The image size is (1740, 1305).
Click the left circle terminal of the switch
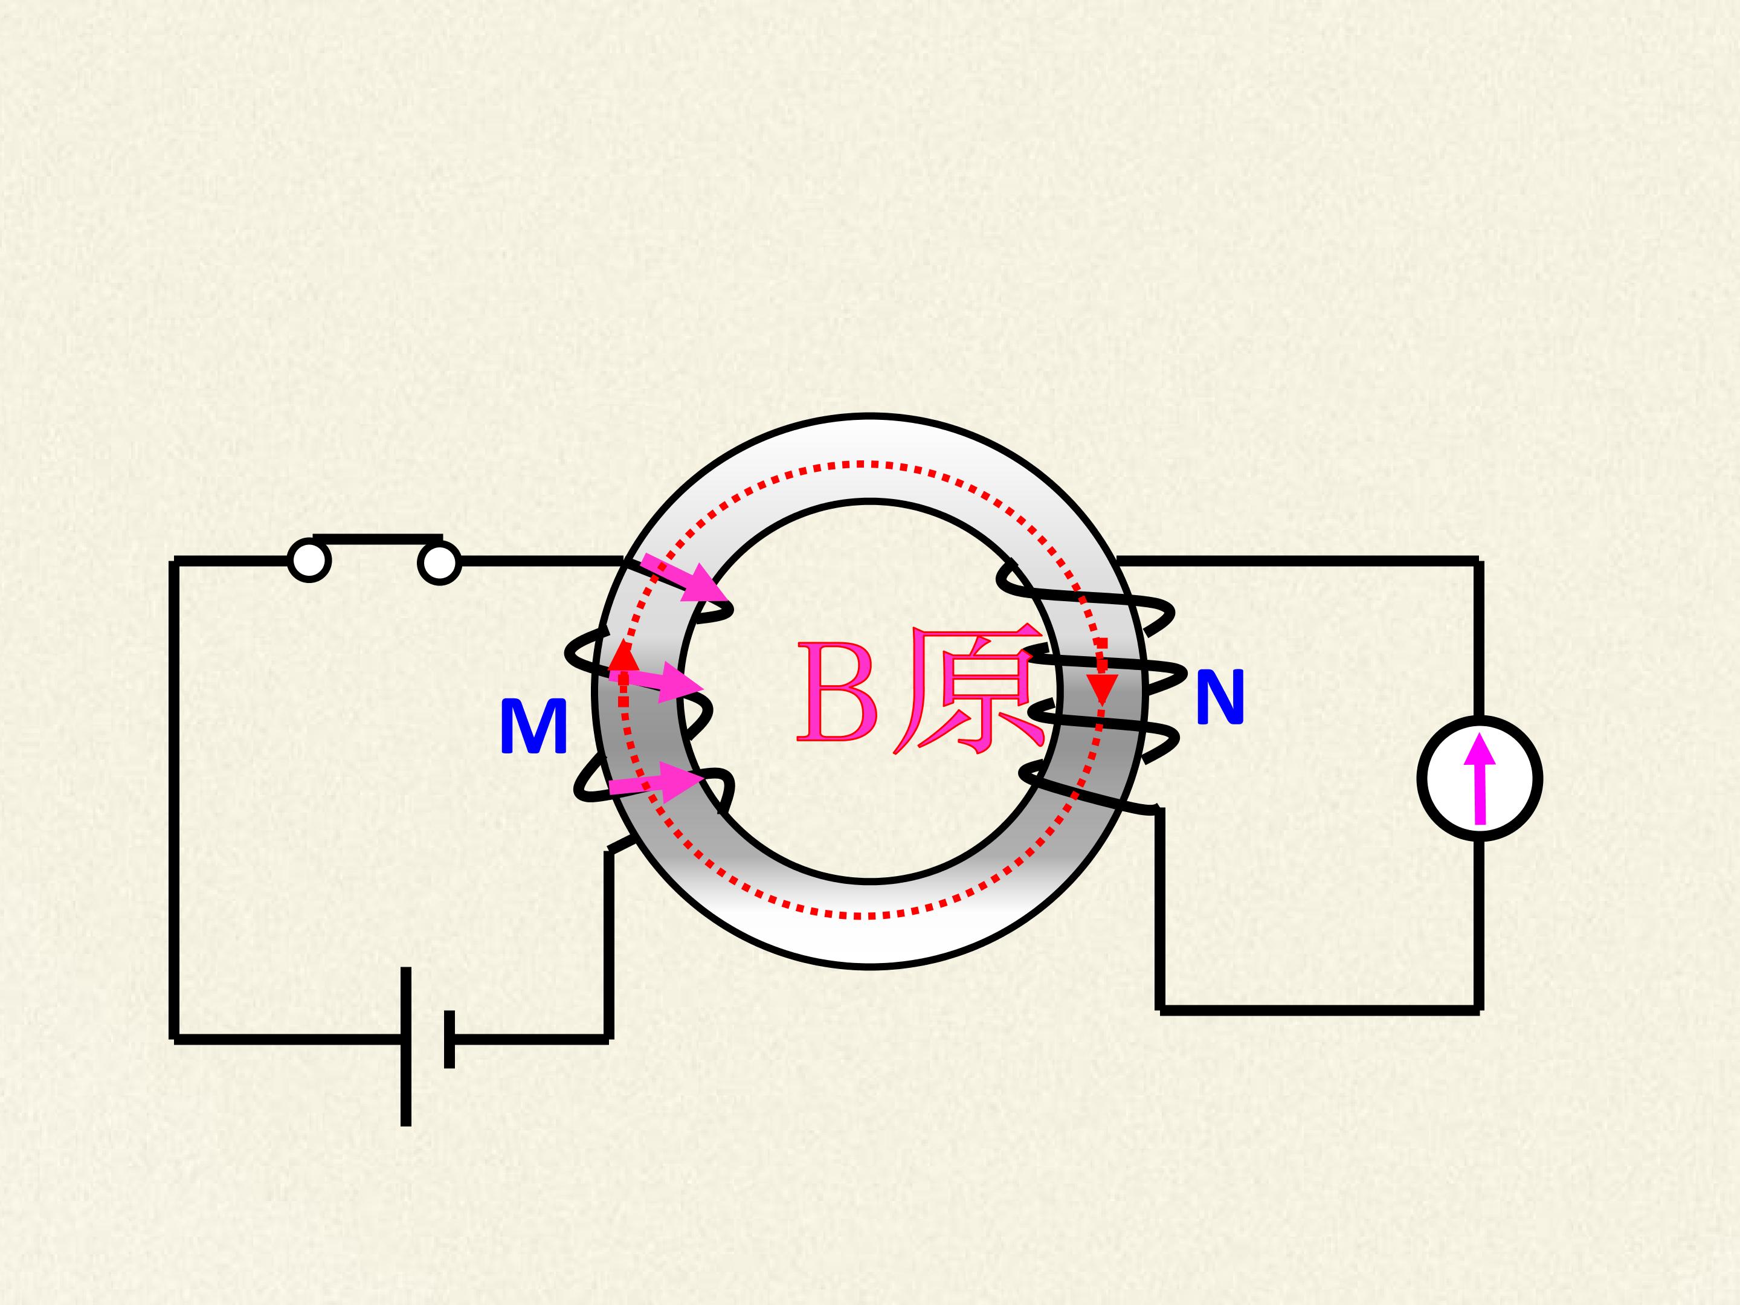(309, 561)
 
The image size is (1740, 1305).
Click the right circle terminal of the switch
(440, 562)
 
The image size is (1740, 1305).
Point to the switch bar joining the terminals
(378, 539)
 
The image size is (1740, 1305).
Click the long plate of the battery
(406, 1046)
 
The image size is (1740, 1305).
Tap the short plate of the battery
(449, 1039)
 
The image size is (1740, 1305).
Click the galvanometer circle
(1480, 778)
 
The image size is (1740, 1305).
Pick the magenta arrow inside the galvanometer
(1480, 779)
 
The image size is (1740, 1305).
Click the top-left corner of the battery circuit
(174, 561)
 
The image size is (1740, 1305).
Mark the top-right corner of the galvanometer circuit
(1479, 561)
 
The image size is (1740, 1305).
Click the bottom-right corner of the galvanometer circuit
(1479, 1011)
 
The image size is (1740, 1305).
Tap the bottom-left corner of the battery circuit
(174, 1039)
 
